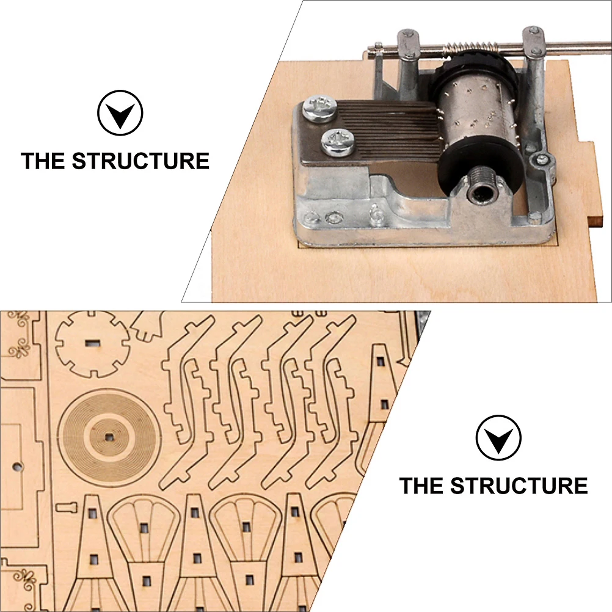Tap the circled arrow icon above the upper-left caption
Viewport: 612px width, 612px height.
click(x=120, y=113)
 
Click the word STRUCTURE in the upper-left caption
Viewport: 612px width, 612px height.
click(x=141, y=161)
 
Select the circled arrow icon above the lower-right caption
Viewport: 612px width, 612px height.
click(x=498, y=437)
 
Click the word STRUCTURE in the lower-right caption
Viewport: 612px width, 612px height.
click(x=520, y=486)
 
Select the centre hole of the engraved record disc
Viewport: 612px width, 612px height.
click(x=109, y=436)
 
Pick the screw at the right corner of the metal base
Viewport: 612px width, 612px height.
click(x=541, y=161)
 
